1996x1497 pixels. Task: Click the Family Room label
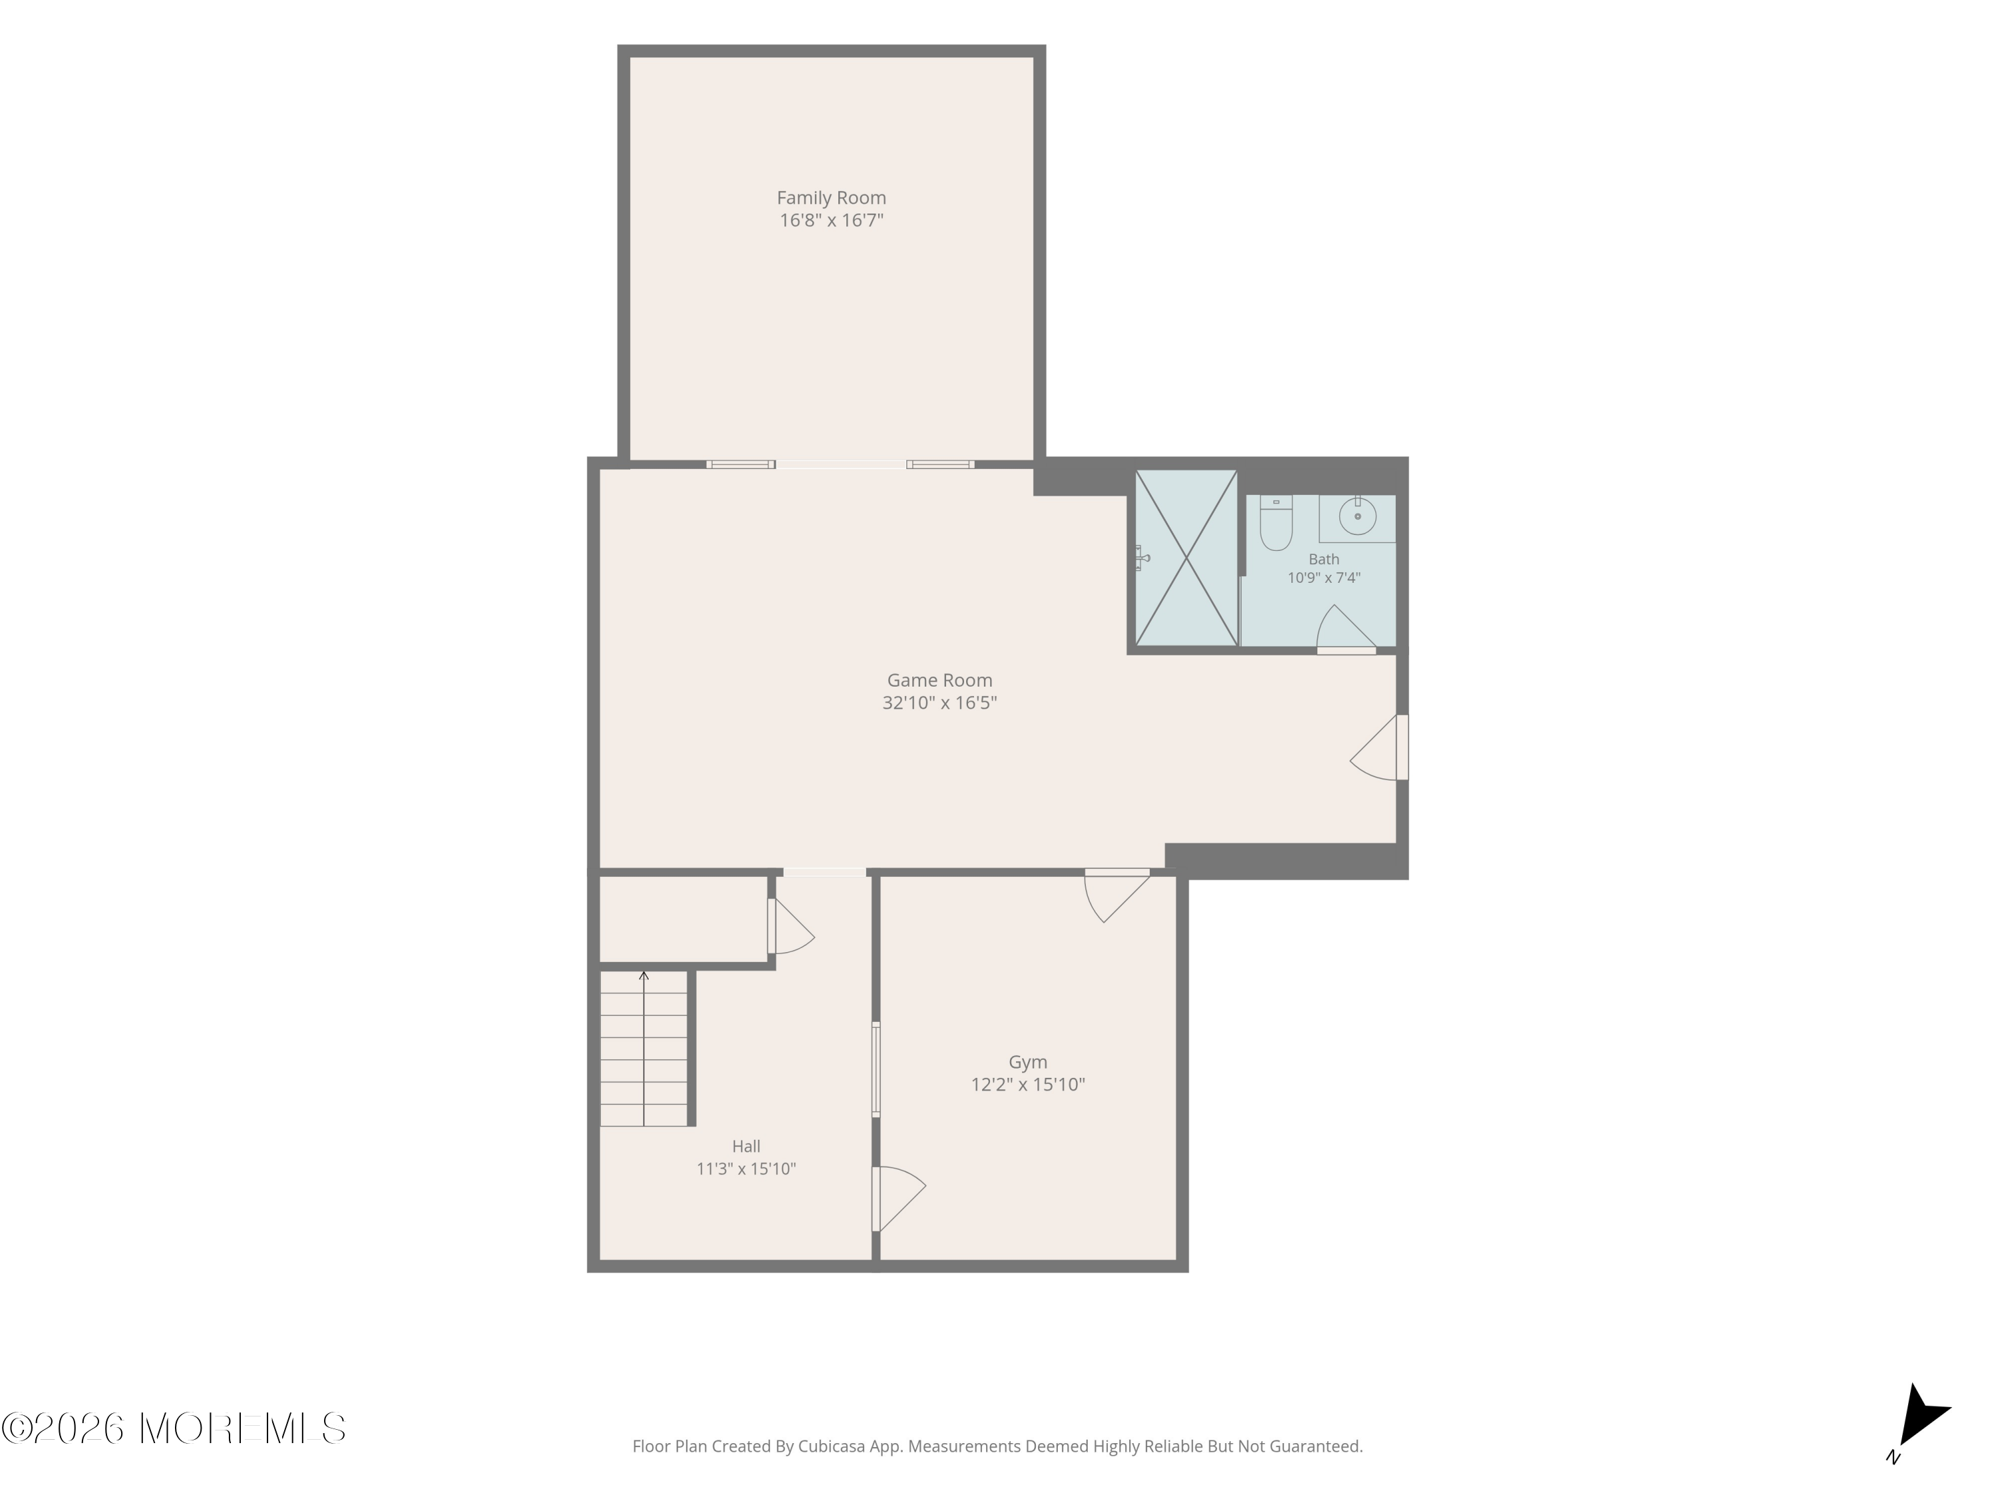pos(831,198)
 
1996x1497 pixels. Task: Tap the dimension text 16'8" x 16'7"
pos(831,220)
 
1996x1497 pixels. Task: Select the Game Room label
pos(939,681)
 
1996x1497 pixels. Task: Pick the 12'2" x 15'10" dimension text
pos(1028,1084)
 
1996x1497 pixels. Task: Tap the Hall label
pos(747,1147)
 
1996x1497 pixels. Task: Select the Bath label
pos(1324,560)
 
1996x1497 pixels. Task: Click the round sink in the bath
pos(1357,517)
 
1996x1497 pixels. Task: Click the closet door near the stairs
pos(791,927)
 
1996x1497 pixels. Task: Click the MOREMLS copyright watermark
pos(173,1428)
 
